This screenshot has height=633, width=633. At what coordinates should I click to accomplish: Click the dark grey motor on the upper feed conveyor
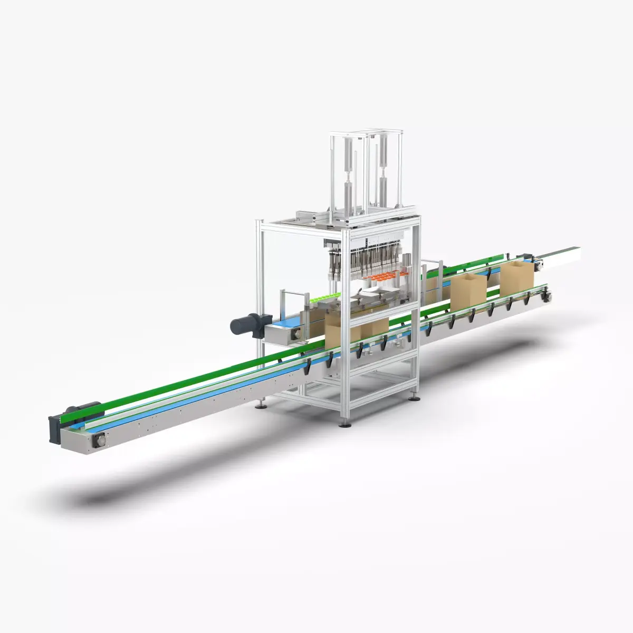coord(246,323)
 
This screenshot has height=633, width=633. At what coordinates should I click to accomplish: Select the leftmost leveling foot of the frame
coord(261,405)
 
